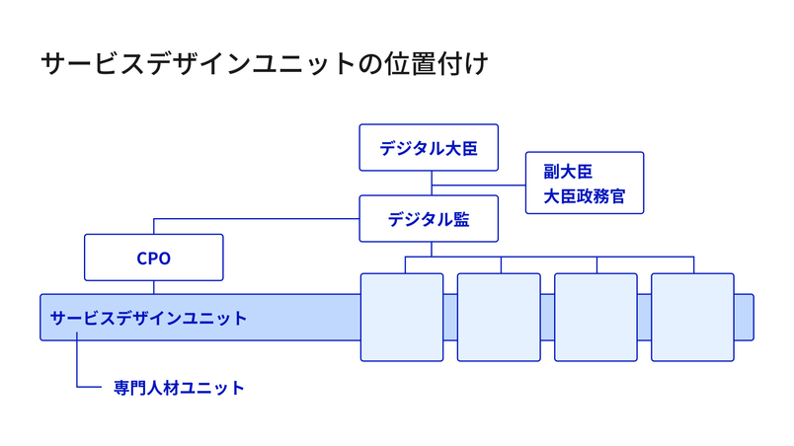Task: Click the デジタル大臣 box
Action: [429, 149]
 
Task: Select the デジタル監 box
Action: [429, 219]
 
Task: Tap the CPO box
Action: [153, 259]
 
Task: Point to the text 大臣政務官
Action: [584, 196]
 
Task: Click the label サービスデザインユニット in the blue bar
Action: [148, 319]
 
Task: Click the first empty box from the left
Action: [402, 318]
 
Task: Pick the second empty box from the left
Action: [499, 318]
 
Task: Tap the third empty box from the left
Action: [595, 318]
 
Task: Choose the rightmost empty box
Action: [692, 318]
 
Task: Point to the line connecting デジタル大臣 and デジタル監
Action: [430, 185]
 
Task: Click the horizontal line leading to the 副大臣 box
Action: [479, 184]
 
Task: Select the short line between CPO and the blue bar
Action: [153, 288]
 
